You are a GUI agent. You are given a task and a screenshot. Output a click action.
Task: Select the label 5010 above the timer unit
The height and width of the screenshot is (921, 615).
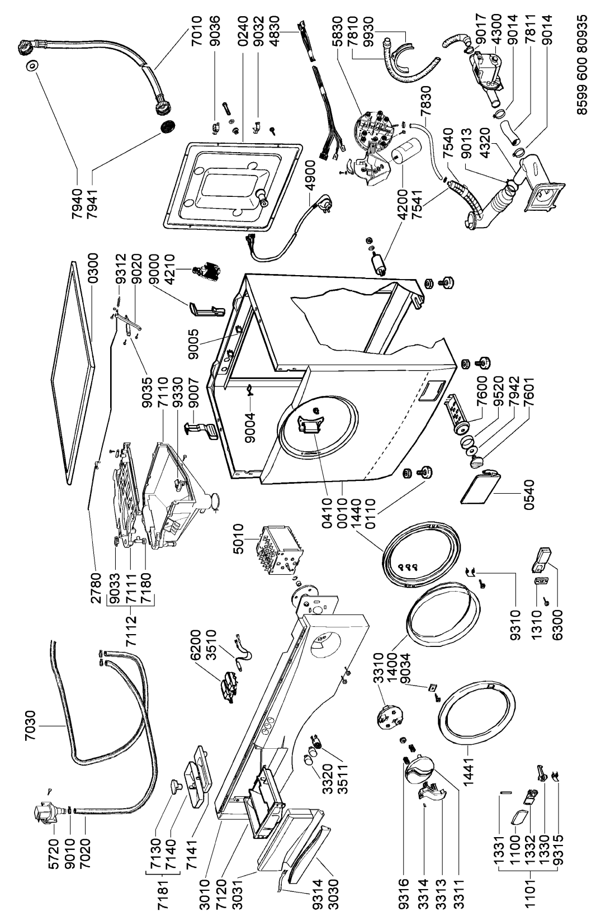(x=238, y=539)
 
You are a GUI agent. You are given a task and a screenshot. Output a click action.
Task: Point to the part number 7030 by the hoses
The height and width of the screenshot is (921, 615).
(x=30, y=726)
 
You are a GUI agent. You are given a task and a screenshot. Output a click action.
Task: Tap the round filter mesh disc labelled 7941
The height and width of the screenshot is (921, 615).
(x=167, y=126)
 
